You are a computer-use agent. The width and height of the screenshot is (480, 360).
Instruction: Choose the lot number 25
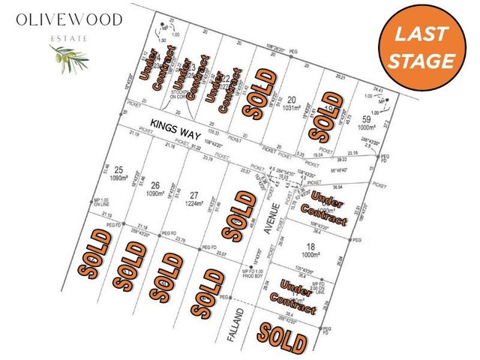[118, 172]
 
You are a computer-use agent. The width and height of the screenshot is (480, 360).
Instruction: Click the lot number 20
[291, 99]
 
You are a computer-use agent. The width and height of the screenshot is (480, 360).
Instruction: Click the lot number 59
[367, 118]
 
